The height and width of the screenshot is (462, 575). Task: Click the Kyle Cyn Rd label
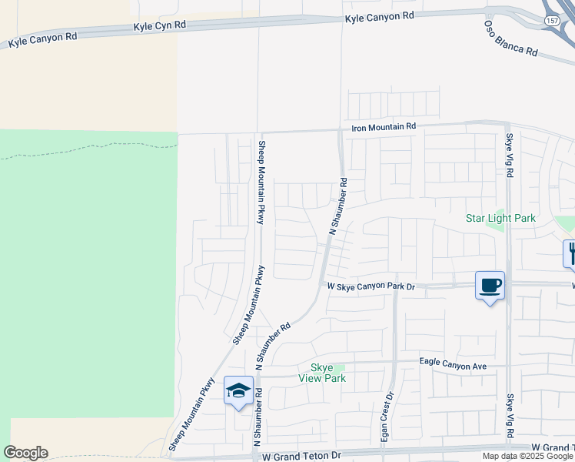point(160,25)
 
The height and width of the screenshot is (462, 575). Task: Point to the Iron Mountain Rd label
point(384,126)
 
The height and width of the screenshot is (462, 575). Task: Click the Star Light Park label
point(500,218)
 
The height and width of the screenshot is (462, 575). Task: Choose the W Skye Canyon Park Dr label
point(371,286)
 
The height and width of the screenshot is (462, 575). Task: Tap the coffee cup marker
point(490,286)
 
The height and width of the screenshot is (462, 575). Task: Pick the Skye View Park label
point(328,373)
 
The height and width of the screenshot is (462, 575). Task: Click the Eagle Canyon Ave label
point(454,362)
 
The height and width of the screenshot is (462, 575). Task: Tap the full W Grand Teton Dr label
point(301,456)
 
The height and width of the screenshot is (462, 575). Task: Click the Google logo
point(25,453)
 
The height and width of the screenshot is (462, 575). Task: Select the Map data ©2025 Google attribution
point(527,456)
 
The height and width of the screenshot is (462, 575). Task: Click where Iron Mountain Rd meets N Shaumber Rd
point(341,130)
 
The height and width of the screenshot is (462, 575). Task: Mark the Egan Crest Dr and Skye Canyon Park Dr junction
point(395,285)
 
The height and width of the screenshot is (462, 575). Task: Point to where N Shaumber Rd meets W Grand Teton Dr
point(256,452)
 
